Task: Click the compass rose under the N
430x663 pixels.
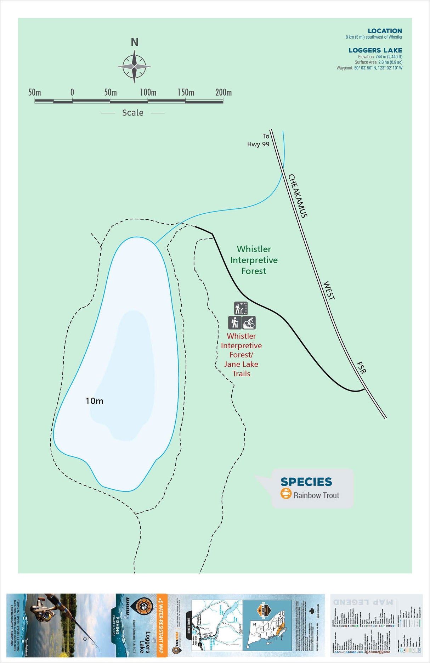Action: coord(134,67)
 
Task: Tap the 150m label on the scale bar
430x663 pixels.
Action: coord(186,92)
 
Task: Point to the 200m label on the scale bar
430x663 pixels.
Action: coord(224,92)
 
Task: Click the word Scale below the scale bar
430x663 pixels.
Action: coord(132,113)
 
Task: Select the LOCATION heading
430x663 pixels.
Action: coord(385,31)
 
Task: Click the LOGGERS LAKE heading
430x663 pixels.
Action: coord(375,50)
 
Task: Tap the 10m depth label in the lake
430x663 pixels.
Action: coord(94,401)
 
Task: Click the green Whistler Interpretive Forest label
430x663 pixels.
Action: coord(254,260)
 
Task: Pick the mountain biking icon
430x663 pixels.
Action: coord(249,323)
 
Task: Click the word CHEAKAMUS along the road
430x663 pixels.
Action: coord(298,196)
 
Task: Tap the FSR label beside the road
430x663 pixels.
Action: coord(361,368)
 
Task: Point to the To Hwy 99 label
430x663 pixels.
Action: coord(259,140)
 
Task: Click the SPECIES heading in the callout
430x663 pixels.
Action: coord(306,482)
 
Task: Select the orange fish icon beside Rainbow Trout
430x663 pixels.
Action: coord(286,493)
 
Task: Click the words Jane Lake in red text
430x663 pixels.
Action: coord(241,364)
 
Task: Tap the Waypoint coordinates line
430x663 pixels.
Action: coord(369,68)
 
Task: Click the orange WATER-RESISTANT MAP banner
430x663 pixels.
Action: coord(162,626)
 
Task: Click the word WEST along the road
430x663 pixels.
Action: coord(329,291)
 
